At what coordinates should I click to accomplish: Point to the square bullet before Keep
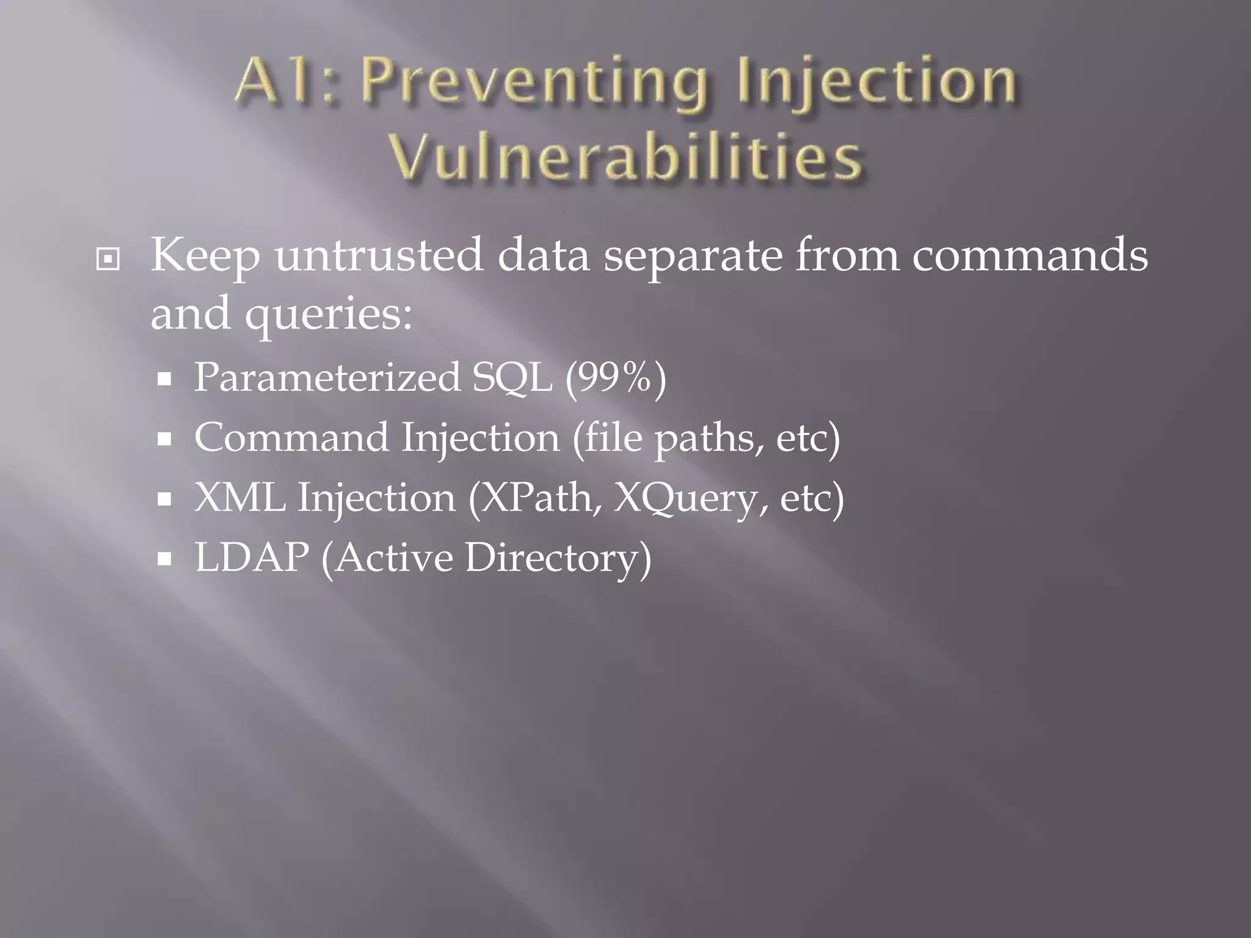pos(108,260)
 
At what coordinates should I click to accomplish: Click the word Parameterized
pos(327,378)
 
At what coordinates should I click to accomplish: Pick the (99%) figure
pos(615,378)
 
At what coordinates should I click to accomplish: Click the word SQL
pos(512,378)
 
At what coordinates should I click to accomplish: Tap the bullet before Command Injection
pos(164,439)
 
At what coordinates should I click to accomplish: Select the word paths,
pos(709,439)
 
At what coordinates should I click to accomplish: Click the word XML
pos(239,498)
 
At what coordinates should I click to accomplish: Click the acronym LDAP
pos(252,557)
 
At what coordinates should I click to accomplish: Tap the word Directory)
pos(558,558)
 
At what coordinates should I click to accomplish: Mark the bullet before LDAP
pos(164,558)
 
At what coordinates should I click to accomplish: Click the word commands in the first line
pos(1030,255)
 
